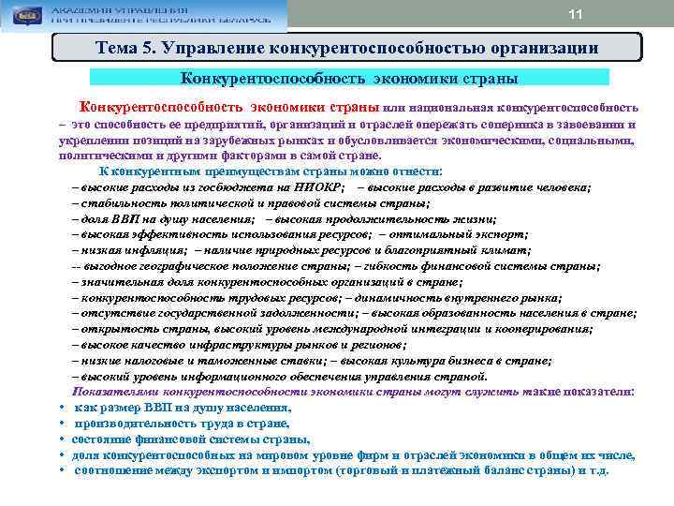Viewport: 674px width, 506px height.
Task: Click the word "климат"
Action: [500, 250]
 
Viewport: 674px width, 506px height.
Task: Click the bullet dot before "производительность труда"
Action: [60, 424]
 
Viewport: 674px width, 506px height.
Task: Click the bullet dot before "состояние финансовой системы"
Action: [60, 439]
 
